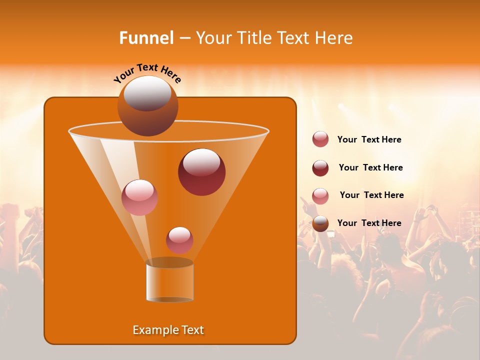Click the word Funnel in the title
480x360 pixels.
coord(146,38)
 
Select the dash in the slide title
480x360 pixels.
coord(184,38)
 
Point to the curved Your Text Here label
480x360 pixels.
coord(147,73)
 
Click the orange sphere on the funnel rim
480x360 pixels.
coord(148,105)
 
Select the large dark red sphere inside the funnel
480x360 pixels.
coord(201,171)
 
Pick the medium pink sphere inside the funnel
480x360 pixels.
coord(139,197)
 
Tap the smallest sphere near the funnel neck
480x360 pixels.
coord(179,240)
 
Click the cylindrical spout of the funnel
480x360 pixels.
coord(169,281)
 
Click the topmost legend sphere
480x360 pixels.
coord(320,139)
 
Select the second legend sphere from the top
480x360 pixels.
coord(320,168)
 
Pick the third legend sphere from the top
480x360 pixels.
coord(320,195)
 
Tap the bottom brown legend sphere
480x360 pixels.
coord(320,223)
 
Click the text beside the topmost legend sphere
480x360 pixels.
coord(369,140)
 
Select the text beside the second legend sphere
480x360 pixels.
coord(370,168)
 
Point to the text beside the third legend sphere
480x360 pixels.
coord(371,195)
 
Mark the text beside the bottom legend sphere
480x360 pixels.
coord(369,223)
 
